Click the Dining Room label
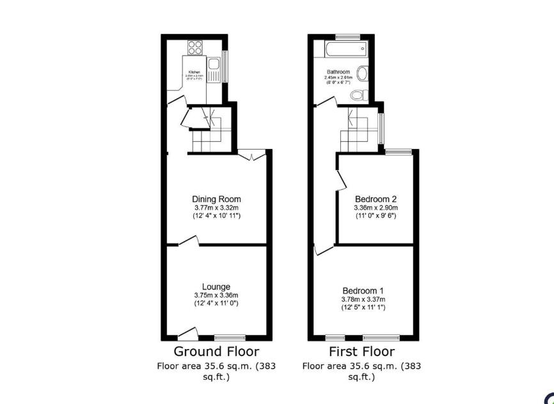(216, 199)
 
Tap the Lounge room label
(216, 287)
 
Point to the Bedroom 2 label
(376, 199)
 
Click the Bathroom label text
(338, 72)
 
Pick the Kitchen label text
(194, 72)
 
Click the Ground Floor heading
(216, 352)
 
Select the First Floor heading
(361, 352)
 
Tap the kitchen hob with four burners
(195, 47)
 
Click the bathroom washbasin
(363, 74)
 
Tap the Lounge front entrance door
(187, 333)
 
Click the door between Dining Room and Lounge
(188, 241)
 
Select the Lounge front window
(230, 338)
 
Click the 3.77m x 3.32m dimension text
(216, 208)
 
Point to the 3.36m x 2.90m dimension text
(376, 208)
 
